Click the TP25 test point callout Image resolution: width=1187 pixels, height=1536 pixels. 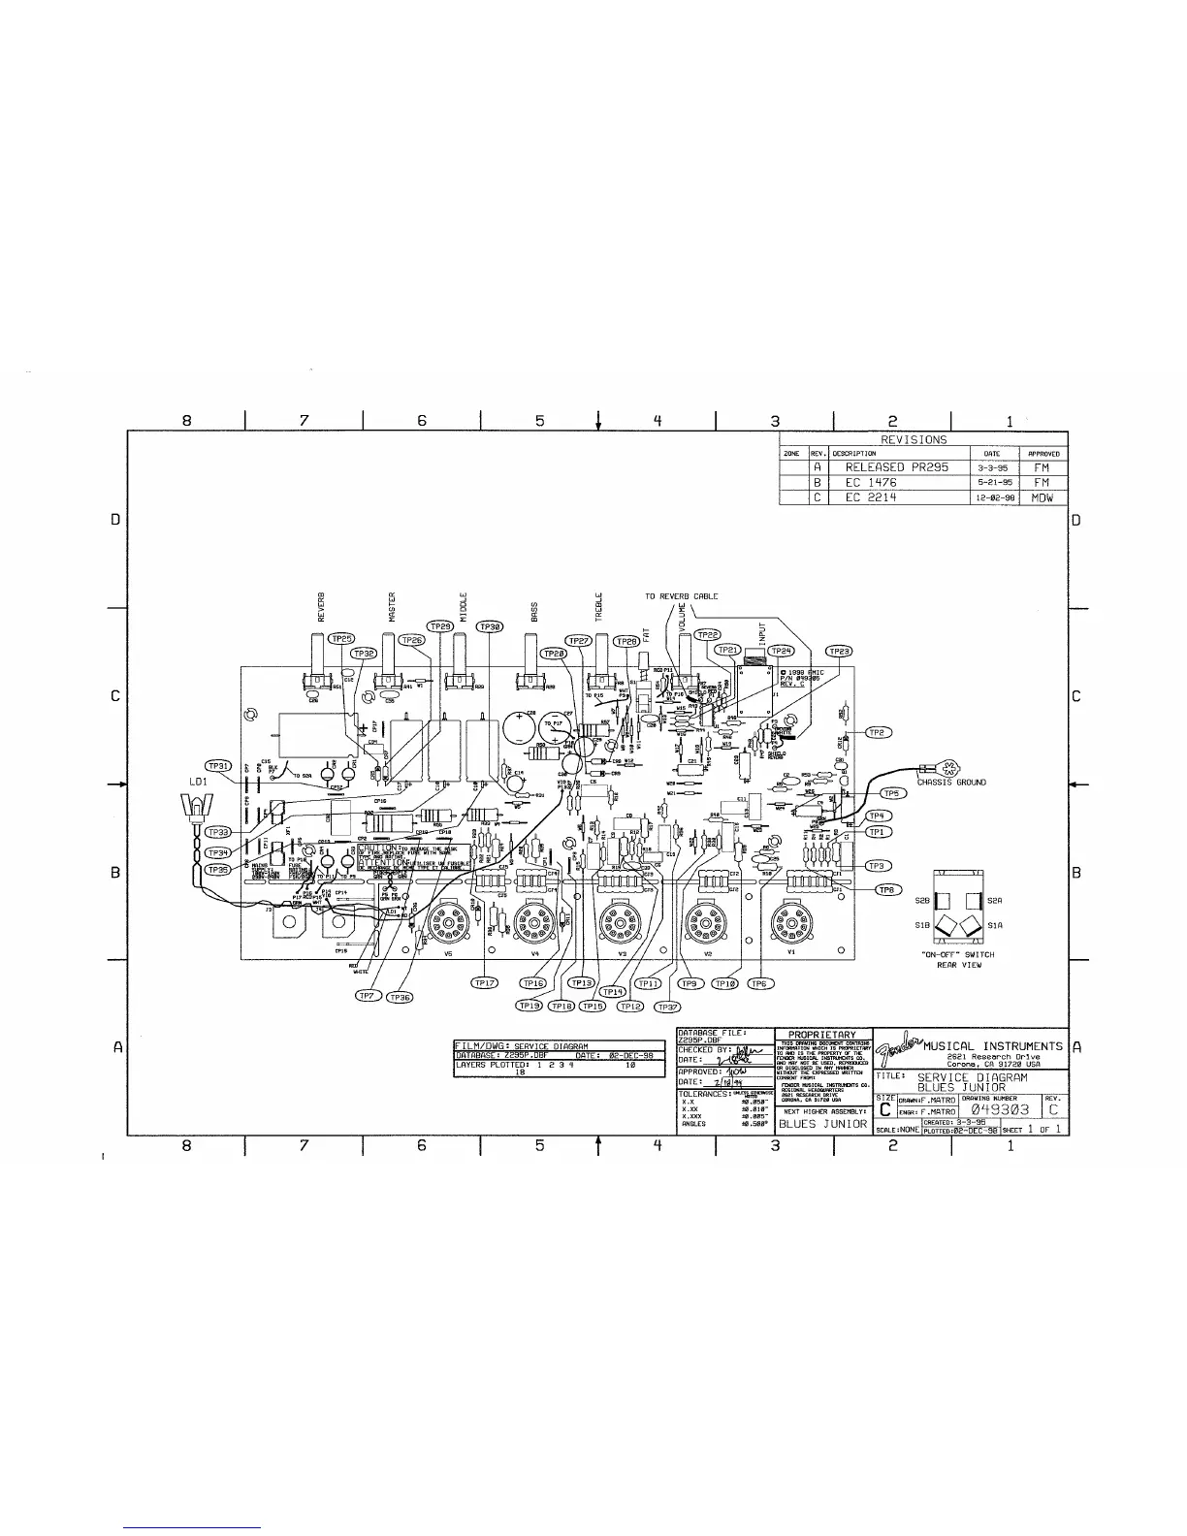(x=341, y=639)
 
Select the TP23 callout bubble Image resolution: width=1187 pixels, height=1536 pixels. (x=839, y=651)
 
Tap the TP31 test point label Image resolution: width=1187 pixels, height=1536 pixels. (x=220, y=766)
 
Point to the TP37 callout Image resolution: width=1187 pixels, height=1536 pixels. (x=667, y=1006)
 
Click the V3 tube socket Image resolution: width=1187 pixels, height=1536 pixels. (x=620, y=917)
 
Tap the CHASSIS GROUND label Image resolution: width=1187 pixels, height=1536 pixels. (x=951, y=782)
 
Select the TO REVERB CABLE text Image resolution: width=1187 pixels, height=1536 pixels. (x=682, y=595)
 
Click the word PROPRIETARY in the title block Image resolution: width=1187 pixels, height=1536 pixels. (x=823, y=1035)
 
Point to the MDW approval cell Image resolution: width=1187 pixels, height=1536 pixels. (x=1043, y=497)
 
